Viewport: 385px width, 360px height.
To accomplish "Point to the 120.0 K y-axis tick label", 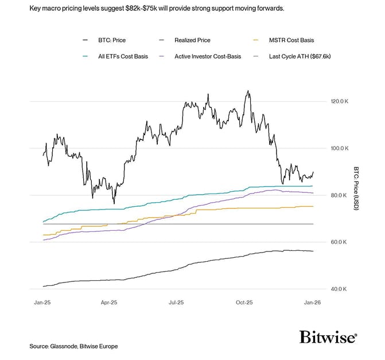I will [340, 102].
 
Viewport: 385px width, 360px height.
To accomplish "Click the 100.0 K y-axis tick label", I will [340, 149].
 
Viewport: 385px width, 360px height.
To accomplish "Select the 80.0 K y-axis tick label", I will [340, 196].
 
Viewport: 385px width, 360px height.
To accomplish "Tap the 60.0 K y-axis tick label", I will [340, 242].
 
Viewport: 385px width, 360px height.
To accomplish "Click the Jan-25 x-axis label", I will [42, 302].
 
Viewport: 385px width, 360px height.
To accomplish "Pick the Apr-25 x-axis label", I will [109, 302].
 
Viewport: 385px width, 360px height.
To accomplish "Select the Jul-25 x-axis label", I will [176, 302].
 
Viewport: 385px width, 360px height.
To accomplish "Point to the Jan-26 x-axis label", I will [312, 302].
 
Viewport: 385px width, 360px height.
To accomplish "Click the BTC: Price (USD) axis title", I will [356, 189].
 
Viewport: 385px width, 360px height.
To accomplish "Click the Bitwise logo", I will [328, 336].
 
